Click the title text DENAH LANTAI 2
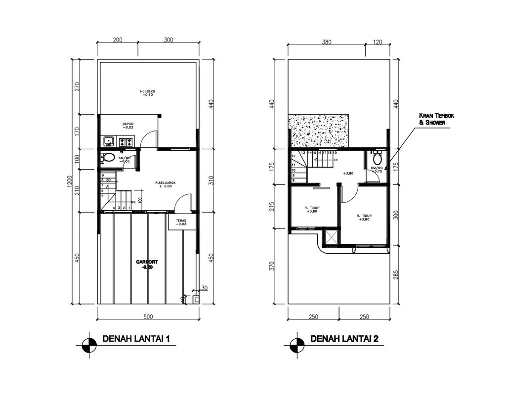coord(344,339)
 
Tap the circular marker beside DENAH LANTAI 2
coord(297,345)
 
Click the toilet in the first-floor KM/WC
coord(108,158)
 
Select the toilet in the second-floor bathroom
coord(378,159)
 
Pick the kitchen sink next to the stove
coord(109,142)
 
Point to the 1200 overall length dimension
coord(69,182)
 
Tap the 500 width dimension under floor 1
coord(147,316)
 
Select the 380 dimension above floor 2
coord(326,43)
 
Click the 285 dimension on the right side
coord(396,274)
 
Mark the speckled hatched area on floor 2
coord(319,131)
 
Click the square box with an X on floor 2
coord(331,238)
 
